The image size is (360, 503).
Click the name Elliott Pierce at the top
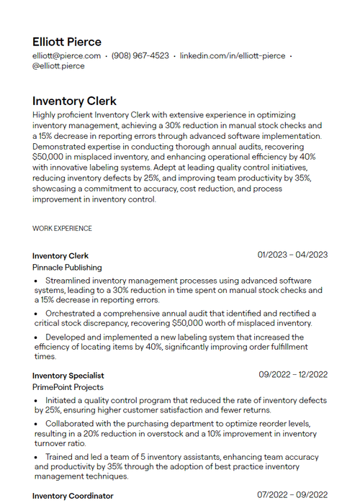67,42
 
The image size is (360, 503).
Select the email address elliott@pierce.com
66,56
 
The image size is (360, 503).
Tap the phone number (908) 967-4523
140,56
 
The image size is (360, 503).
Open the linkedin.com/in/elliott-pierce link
232,56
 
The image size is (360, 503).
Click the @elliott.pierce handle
58,66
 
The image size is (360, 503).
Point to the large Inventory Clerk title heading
74,101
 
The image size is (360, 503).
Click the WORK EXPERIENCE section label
62,229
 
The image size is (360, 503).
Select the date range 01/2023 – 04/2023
292,255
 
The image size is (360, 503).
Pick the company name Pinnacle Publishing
67,268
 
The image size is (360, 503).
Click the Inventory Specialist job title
68,376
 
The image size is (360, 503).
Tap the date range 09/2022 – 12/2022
293,374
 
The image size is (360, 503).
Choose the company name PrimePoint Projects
68,387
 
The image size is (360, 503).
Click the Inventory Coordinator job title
73,496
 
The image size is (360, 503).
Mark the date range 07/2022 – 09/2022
292,495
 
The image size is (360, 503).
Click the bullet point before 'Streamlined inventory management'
37,281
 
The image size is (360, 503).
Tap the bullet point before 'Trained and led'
37,457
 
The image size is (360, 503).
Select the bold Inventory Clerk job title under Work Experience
60,256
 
